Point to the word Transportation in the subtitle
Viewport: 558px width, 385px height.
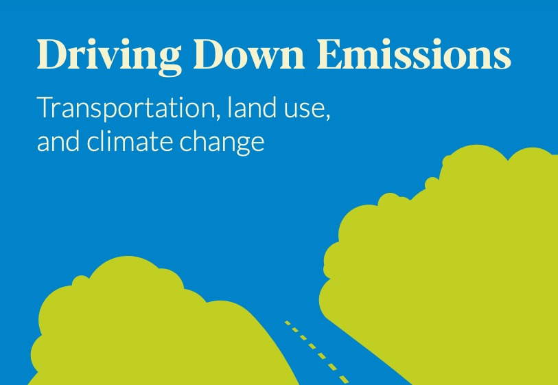coord(117,109)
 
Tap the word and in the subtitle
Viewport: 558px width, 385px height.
coord(56,142)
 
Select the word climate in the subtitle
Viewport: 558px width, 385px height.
coord(129,142)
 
